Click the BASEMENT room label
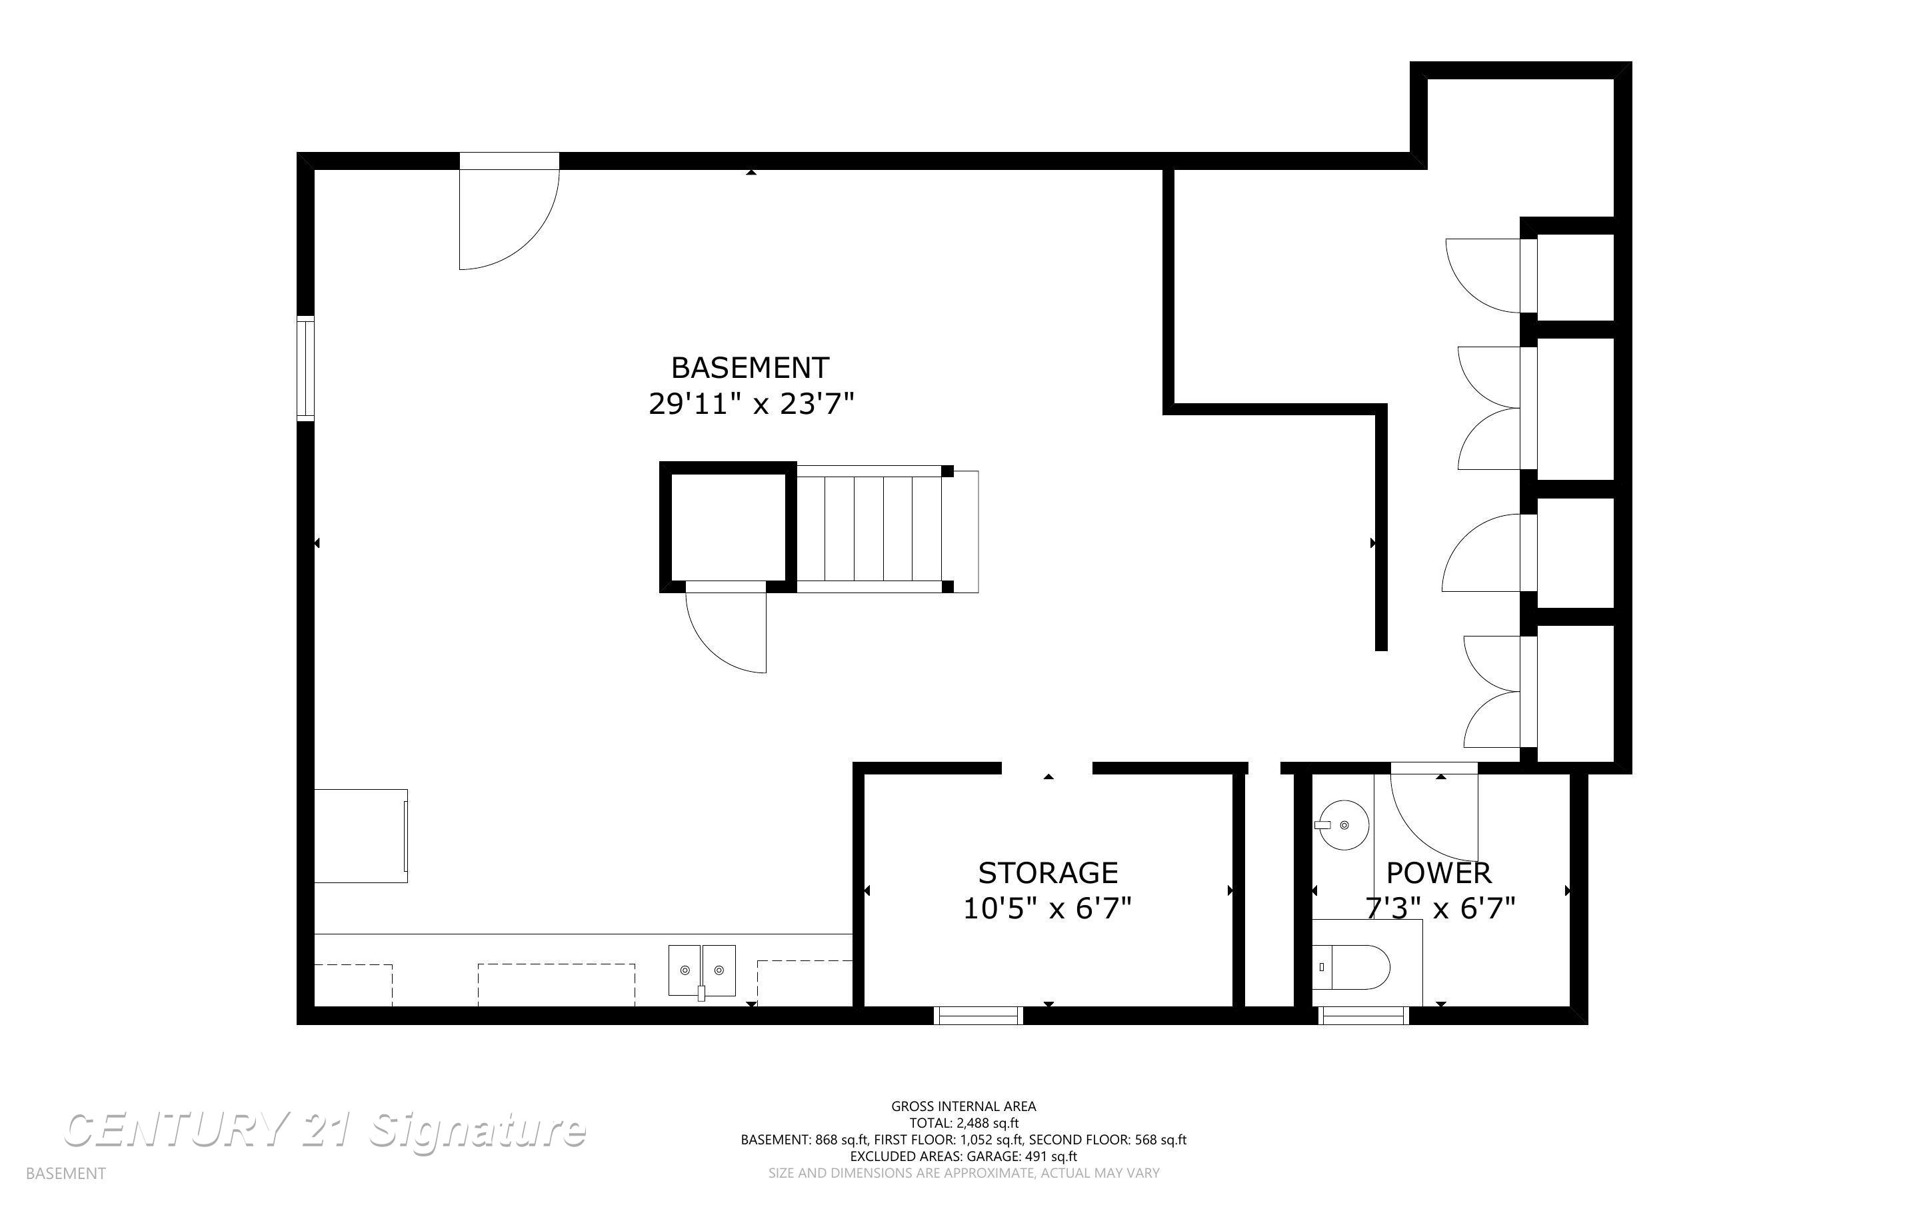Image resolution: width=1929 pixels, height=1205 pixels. pyautogui.click(x=750, y=367)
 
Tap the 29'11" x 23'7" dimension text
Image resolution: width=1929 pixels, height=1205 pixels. pyautogui.click(x=751, y=404)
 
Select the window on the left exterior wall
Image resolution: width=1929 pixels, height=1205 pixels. pyautogui.click(x=306, y=367)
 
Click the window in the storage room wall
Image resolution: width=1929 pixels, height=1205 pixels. pyautogui.click(x=978, y=1014)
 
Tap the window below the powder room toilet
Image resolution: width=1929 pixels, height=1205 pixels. pyautogui.click(x=1364, y=1014)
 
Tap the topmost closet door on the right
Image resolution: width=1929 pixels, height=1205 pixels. pyautogui.click(x=1484, y=276)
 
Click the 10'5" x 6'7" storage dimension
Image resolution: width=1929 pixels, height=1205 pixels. pyautogui.click(x=1047, y=908)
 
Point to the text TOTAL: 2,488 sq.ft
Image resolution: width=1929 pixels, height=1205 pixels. pyautogui.click(x=964, y=1123)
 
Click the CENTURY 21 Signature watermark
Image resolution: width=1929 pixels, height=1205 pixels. pyautogui.click(x=325, y=1131)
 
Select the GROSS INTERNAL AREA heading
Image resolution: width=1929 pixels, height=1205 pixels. pyautogui.click(x=963, y=1106)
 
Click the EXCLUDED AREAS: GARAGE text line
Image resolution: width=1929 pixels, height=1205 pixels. pyautogui.click(x=963, y=1156)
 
